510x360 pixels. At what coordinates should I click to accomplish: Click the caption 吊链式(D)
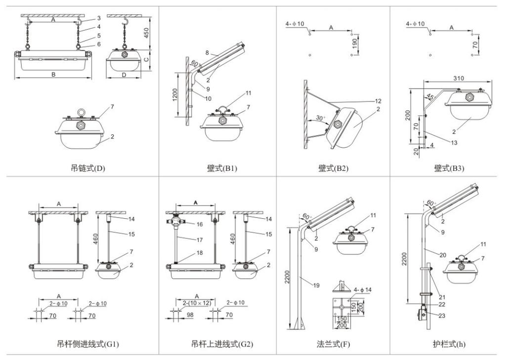coord(88,168)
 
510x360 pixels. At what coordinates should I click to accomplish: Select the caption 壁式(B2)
coord(333,168)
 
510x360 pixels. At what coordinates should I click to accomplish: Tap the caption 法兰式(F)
coord(333,344)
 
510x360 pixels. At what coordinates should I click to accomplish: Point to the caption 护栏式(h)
coord(449,344)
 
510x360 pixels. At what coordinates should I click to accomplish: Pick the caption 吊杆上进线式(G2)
coord(222,344)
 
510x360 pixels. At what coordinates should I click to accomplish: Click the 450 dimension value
coord(147,33)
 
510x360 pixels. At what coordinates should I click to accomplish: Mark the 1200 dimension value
coord(175,95)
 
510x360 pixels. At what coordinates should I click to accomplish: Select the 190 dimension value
coord(354,44)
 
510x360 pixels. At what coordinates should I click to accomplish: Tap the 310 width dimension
coord(458,78)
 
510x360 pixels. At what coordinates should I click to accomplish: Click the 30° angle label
coord(320,118)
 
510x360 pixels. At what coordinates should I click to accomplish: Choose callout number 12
coord(378,101)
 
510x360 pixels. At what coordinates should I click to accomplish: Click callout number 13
coord(454,142)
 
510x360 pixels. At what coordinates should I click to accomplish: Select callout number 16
coord(199,224)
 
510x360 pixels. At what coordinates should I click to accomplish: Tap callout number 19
coord(316,285)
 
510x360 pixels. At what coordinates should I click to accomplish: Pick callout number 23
coord(441,315)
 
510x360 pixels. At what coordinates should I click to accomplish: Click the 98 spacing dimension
coord(190,315)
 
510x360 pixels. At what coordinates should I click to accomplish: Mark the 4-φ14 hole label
coord(362,289)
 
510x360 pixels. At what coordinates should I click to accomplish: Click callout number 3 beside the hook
coord(99,18)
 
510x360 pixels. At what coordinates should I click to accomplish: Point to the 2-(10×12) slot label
coord(197,303)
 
